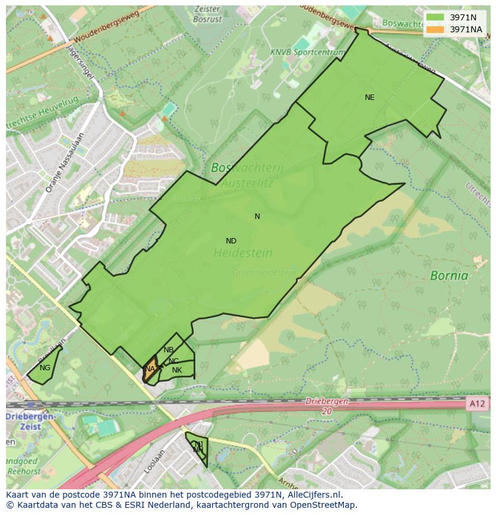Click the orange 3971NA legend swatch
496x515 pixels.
(x=435, y=29)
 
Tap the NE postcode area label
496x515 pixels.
(x=370, y=97)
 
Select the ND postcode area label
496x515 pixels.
(x=231, y=241)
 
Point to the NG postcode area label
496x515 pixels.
(x=45, y=368)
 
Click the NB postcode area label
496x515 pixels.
(x=168, y=350)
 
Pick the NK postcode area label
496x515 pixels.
(x=177, y=370)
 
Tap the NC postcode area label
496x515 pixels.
(x=173, y=361)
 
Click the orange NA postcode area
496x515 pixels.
(x=150, y=369)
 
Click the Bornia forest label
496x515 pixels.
(x=449, y=276)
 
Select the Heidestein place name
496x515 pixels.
(x=243, y=253)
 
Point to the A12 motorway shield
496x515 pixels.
(x=477, y=404)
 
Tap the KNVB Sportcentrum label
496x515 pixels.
(x=307, y=53)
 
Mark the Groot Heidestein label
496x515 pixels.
(x=264, y=273)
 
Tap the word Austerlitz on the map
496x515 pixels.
(x=250, y=184)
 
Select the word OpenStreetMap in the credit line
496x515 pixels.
(x=323, y=505)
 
